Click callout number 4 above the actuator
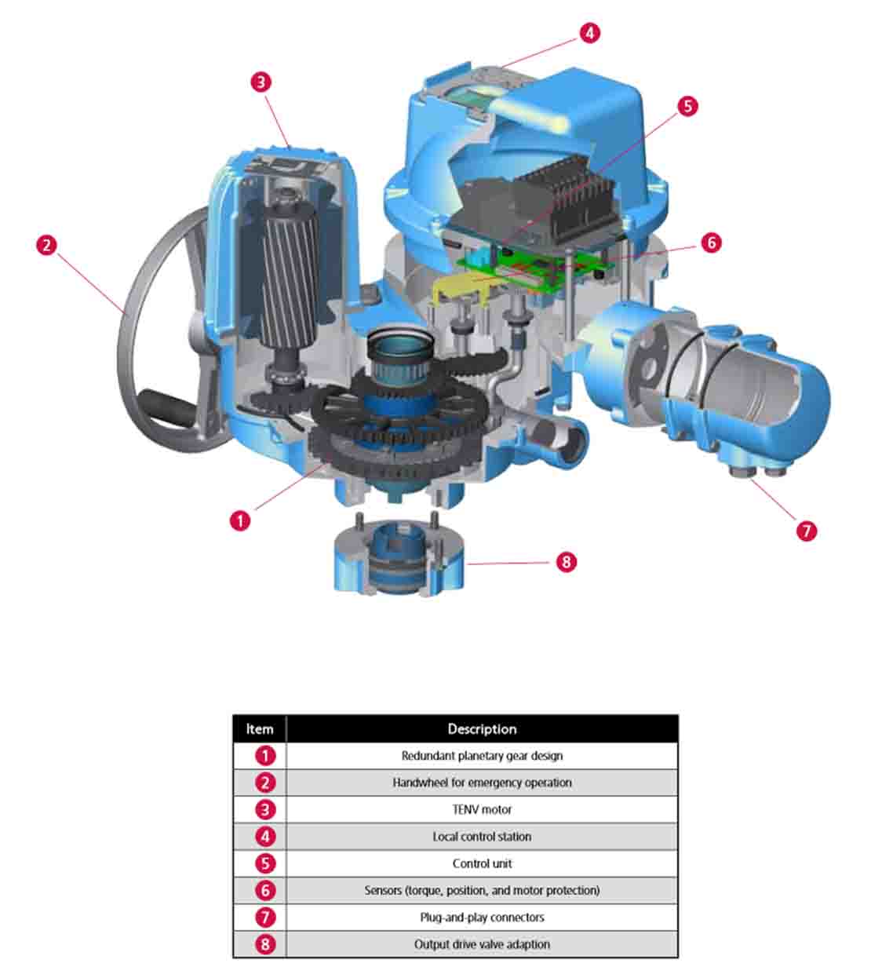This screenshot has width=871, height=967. pos(589,33)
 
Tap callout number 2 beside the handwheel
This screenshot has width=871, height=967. pos(47,246)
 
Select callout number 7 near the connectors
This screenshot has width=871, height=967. pos(807,531)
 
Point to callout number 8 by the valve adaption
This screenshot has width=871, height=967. pos(567,561)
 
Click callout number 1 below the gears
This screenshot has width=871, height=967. pos(240,520)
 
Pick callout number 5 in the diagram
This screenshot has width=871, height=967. pos(688,106)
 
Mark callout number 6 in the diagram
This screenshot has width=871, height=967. pos(712,243)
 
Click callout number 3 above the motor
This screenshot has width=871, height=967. pos(261,82)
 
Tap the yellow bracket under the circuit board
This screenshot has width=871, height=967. pos(463,289)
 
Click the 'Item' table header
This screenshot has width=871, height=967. pos(260,729)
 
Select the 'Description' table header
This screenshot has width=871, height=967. pos(482,729)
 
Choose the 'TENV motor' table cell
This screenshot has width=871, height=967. pos(482,809)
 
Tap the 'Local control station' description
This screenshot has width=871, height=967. pos(482,837)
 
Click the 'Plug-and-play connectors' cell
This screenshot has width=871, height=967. pos(482,917)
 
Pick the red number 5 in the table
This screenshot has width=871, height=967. pos(265,863)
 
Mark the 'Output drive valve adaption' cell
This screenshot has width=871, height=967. pos(482,944)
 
